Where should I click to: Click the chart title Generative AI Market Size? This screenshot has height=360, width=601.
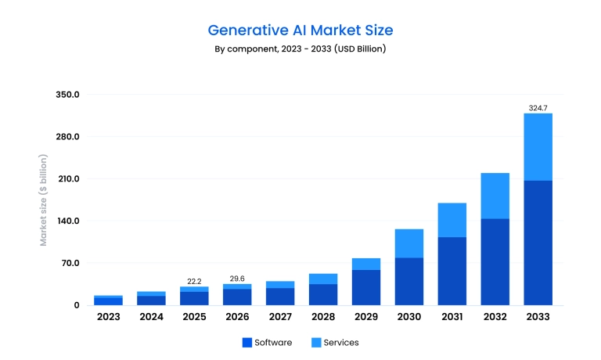300,31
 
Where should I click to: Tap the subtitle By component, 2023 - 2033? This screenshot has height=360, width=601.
300,49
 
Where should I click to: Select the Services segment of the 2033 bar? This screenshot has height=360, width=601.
538,147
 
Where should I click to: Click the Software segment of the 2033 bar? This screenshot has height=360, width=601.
538,243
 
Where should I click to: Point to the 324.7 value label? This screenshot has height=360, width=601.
538,107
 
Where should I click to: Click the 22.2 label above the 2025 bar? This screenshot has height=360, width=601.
194,281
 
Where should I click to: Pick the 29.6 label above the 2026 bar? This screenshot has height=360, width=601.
237,278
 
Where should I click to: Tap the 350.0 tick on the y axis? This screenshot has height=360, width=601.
68,95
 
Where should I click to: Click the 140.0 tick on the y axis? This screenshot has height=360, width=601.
68,221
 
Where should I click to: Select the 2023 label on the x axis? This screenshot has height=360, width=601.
108,317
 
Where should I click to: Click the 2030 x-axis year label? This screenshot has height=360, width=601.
408,317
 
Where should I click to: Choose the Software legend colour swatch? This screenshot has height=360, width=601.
247,343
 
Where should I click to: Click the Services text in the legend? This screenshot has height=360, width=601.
340,343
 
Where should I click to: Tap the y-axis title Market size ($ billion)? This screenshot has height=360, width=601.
44,200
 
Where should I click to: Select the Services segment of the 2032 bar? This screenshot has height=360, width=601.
495,196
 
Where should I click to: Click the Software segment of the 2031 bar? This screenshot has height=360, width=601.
452,271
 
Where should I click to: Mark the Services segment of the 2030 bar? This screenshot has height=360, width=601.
408,243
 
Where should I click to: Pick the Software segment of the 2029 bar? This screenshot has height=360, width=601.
365,287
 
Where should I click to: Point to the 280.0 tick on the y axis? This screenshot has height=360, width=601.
68,137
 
